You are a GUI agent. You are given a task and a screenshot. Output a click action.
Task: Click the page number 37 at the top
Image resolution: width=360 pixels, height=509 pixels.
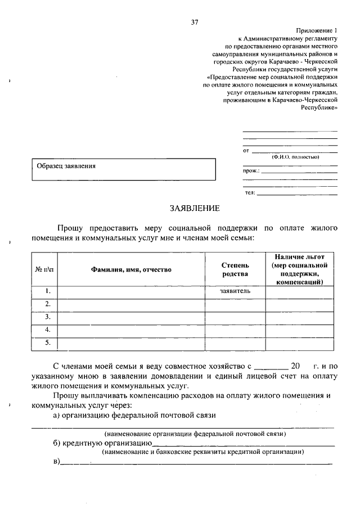[195, 22]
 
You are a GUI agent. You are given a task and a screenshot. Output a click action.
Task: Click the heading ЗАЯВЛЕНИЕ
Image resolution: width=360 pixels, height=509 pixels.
[194, 208]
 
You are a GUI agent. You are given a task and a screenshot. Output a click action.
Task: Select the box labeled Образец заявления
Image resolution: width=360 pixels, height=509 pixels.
[123, 169]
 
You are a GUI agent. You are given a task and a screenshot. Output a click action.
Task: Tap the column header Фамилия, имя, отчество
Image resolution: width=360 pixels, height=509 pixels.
[131, 269]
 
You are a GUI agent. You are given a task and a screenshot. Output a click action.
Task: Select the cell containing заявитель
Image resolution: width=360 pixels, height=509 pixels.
[235, 291]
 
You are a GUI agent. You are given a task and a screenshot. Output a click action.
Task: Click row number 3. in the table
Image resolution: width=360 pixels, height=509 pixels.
[48, 317]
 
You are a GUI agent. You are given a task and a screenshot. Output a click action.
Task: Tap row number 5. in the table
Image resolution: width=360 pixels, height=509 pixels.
[48, 342]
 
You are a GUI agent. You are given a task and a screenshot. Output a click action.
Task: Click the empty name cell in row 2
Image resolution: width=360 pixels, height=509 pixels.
[131, 304]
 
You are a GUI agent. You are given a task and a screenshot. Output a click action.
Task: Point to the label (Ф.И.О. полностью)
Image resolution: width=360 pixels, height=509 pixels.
[295, 157]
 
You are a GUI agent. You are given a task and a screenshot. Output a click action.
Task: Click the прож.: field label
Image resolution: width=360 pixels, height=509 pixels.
[251, 170]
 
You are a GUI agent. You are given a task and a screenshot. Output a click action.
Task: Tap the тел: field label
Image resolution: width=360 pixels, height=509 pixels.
[250, 192]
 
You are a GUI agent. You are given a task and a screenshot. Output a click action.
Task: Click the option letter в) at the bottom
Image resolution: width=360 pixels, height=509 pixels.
[56, 462]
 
